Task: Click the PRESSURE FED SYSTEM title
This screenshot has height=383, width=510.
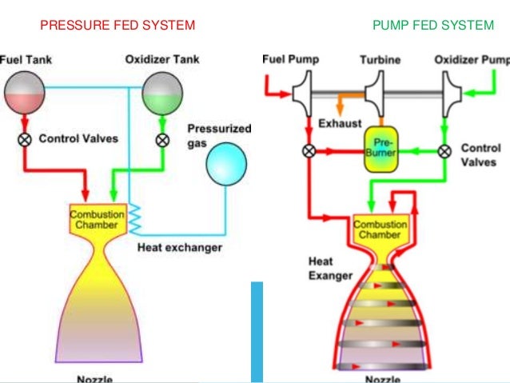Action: click(x=118, y=26)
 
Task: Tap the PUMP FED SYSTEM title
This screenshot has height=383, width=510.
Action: click(x=432, y=26)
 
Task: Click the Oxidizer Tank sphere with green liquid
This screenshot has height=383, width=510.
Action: click(x=162, y=91)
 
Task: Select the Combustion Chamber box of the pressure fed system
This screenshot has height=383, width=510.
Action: click(x=97, y=220)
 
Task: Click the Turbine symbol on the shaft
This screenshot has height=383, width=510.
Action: click(x=381, y=93)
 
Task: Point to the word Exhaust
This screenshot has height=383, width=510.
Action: click(x=340, y=125)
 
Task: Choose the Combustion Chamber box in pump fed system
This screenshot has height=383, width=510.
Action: click(x=380, y=230)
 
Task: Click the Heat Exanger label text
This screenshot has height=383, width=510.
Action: click(x=331, y=269)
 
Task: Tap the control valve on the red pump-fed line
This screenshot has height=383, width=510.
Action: click(x=307, y=150)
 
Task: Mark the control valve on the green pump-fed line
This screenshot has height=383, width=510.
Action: click(x=444, y=150)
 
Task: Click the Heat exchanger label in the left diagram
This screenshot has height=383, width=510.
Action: click(x=179, y=247)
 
